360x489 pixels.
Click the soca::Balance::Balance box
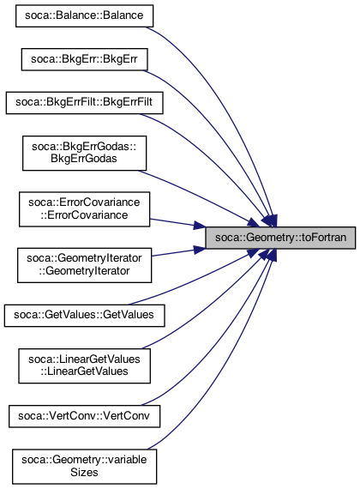[x=85, y=16]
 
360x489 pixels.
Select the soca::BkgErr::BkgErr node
[x=85, y=59]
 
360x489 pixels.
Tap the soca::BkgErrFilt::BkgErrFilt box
[x=85, y=103]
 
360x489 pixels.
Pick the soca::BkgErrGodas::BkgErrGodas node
[x=85, y=153]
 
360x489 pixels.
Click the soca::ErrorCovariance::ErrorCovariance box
[x=85, y=209]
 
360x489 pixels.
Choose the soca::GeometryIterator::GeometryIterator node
[x=85, y=265]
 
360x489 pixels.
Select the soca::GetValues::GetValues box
[x=85, y=316]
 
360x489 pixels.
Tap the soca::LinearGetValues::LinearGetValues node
[x=85, y=365]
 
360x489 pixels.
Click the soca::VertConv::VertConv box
[x=85, y=416]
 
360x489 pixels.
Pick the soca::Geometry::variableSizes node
[x=85, y=467]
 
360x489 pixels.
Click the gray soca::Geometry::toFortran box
[x=280, y=238]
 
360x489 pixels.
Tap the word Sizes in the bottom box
[x=84, y=473]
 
